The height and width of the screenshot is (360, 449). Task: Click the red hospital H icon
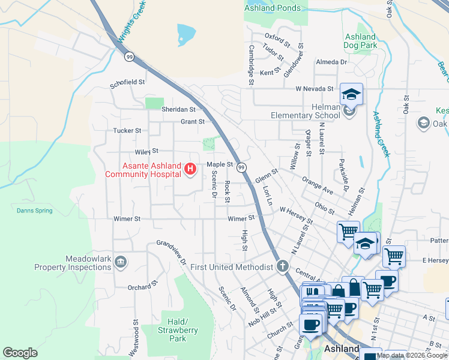point(190,170)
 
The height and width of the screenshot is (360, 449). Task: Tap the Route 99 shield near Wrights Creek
point(129,56)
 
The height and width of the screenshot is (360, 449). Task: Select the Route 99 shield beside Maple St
point(241,166)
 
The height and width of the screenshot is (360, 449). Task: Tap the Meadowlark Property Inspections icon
point(120,261)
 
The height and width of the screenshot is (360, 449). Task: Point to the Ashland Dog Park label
point(360,41)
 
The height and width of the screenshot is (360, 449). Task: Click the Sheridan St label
point(179,109)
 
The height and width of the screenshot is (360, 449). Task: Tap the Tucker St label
point(127,130)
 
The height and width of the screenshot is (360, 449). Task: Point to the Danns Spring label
point(34,211)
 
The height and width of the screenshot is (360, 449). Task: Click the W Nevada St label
point(314,89)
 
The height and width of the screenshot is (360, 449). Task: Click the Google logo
point(20,352)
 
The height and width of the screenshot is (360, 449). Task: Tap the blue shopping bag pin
point(354,286)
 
